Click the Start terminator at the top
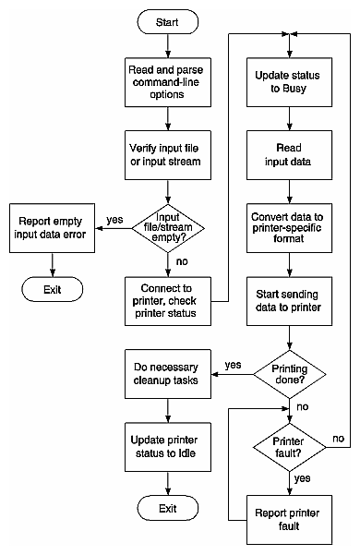pyautogui.click(x=166, y=20)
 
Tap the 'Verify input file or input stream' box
pyautogui.click(x=166, y=151)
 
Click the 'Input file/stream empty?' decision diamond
pyautogui.click(x=166, y=224)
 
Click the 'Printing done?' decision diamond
pyautogui.click(x=290, y=371)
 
